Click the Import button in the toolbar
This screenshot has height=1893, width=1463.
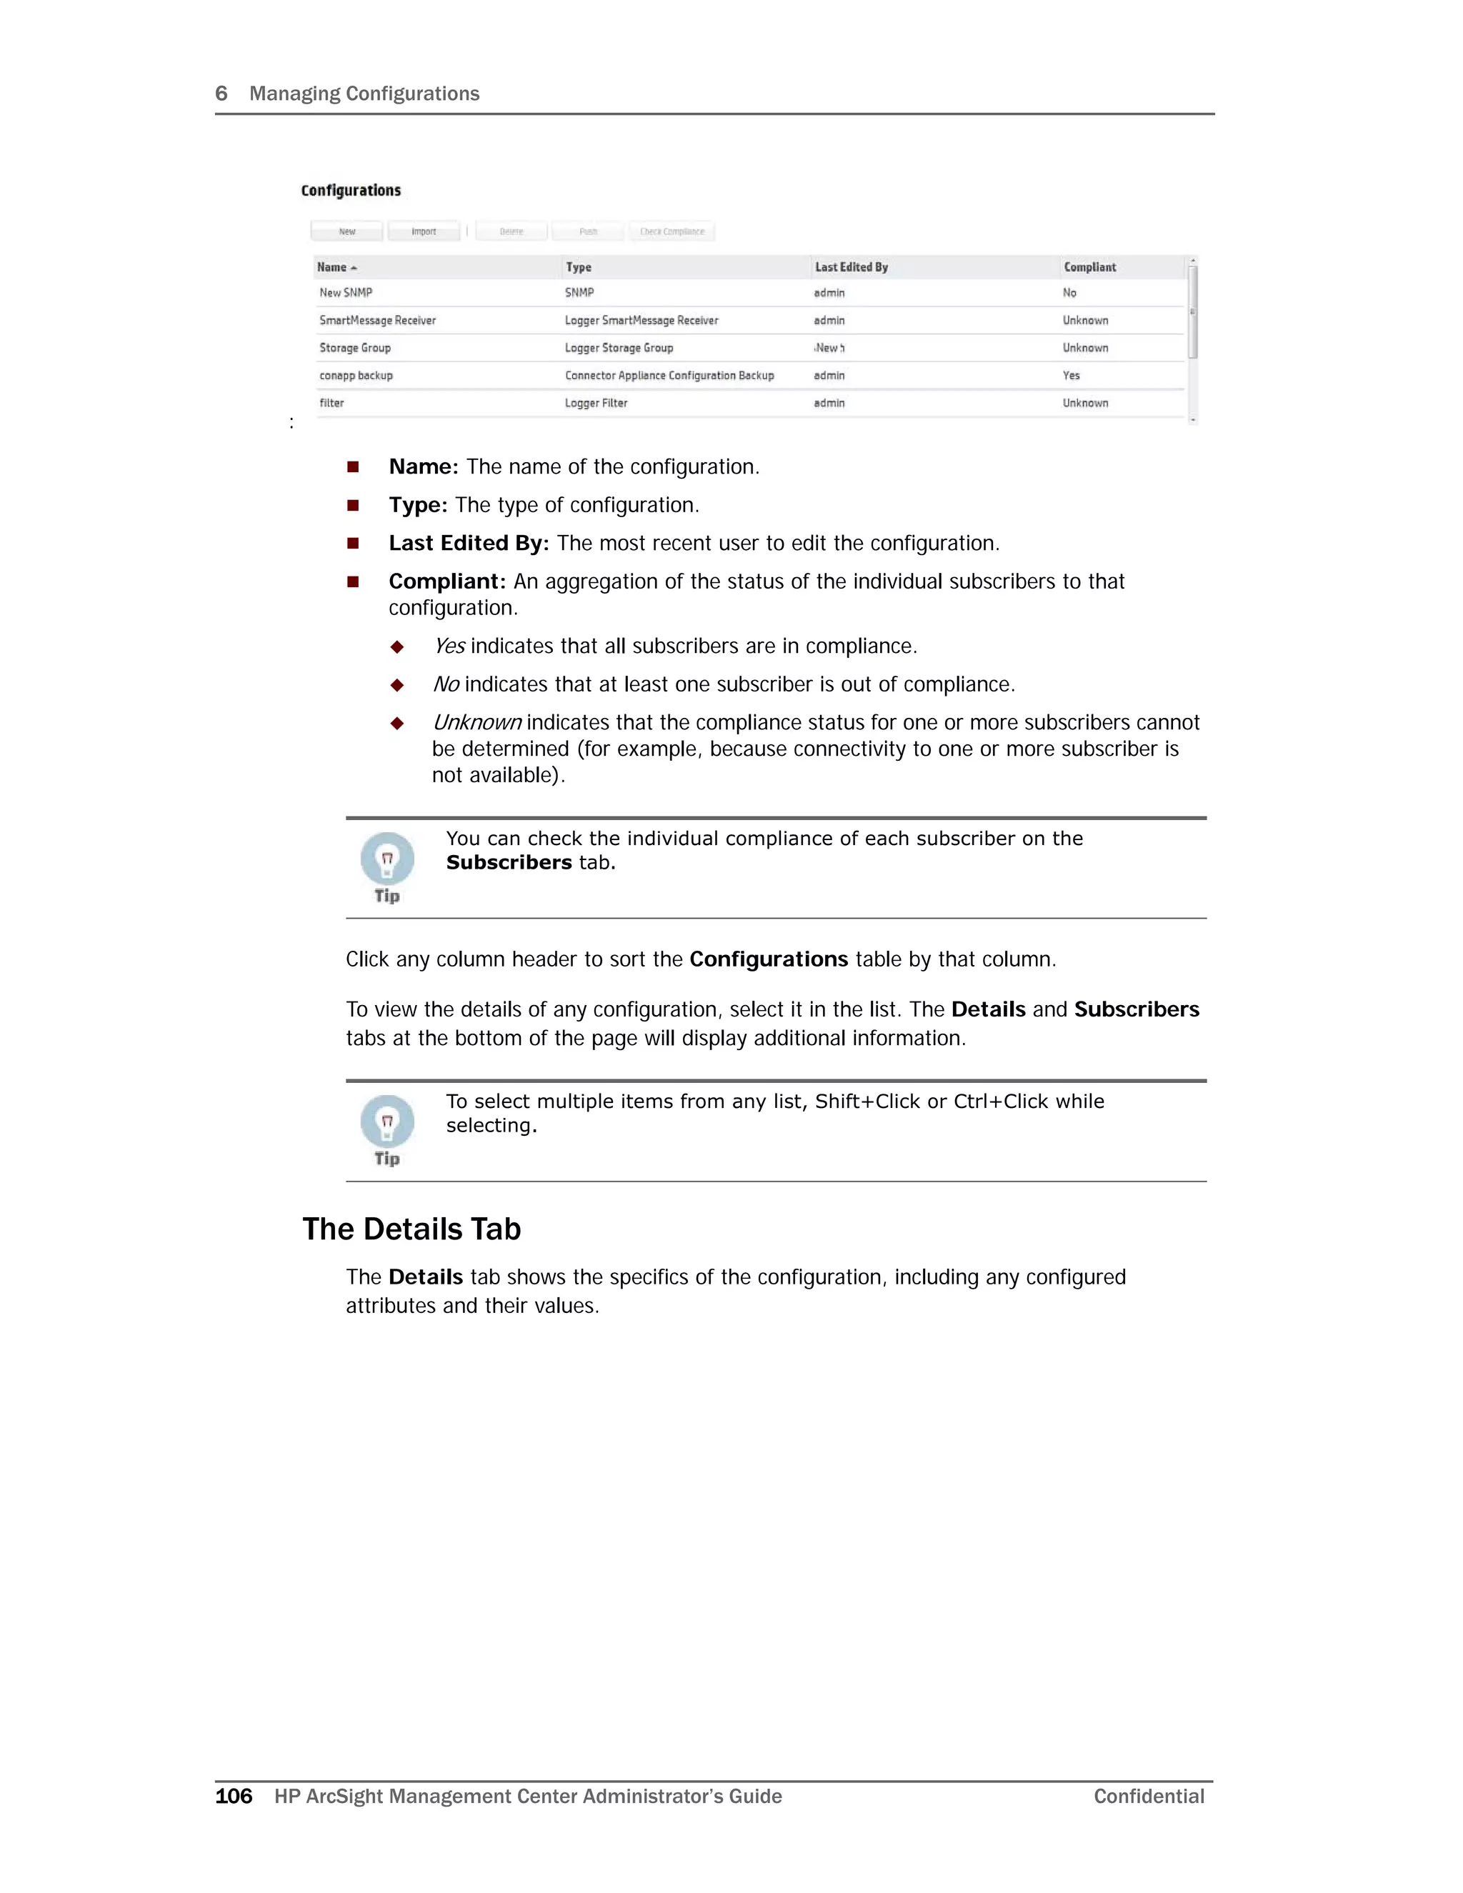[424, 231]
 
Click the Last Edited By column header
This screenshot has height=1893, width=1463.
[851, 267]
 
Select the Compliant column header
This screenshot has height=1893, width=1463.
[1089, 267]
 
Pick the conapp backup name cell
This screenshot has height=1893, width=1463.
[356, 375]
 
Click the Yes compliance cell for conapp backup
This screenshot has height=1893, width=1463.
[1072, 375]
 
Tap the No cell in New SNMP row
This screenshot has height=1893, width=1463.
[1069, 293]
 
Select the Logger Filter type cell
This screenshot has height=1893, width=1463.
[596, 403]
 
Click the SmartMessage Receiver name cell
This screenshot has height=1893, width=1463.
[377, 321]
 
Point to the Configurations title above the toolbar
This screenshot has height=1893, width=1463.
[351, 191]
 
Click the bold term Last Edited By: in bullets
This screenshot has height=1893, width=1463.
[469, 544]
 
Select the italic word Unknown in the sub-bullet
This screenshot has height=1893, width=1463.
[476, 722]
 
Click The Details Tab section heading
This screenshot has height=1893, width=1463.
[411, 1229]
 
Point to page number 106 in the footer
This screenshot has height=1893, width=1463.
[233, 1796]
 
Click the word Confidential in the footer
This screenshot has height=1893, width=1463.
[1149, 1796]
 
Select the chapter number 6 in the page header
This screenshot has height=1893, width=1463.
[221, 94]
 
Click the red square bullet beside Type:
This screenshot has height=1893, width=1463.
[353, 505]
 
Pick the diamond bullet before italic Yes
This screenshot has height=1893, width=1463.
[397, 646]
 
